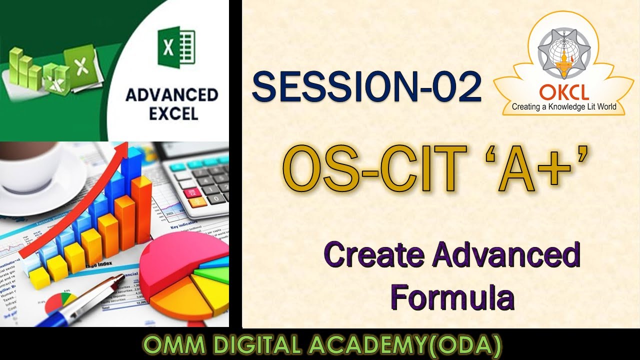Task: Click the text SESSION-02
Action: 366,87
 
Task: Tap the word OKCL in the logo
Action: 563,92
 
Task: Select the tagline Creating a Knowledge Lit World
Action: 563,106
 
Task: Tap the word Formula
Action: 452,297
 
